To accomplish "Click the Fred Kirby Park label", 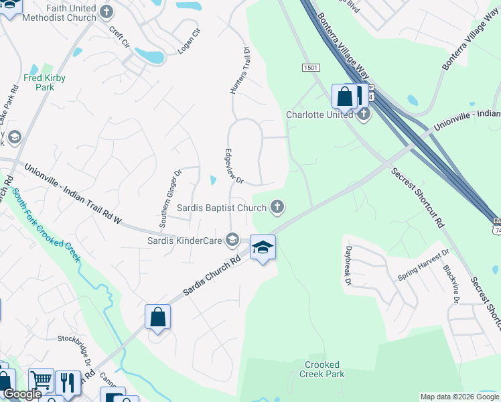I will point(44,82).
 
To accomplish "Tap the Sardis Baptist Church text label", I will point(222,207).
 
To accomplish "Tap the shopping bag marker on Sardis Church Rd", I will point(157,317).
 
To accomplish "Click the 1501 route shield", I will point(310,68).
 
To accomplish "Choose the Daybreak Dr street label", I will point(348,272).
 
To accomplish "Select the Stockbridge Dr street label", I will point(74,342).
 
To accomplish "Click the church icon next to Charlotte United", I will point(364,114).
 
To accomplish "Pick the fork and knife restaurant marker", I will point(68,383).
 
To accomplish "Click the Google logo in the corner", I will point(22,394).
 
